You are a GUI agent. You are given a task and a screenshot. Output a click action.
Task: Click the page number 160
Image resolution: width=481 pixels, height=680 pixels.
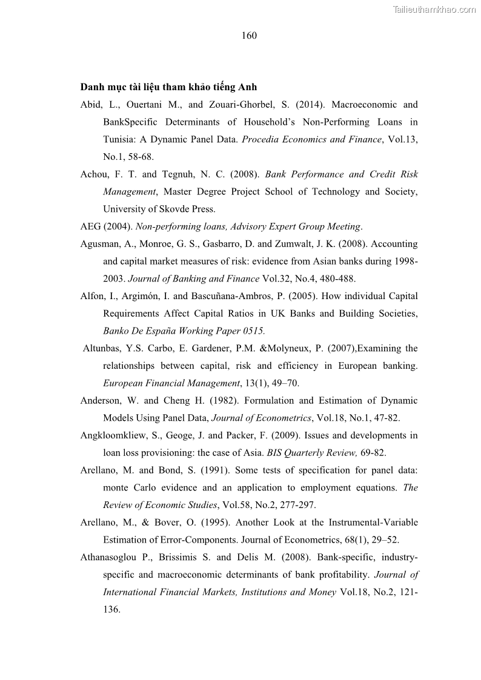(249, 36)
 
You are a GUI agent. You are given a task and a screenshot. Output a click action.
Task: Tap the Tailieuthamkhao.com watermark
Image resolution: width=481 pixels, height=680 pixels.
(434, 8)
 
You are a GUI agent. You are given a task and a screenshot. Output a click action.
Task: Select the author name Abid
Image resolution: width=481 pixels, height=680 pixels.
(91, 104)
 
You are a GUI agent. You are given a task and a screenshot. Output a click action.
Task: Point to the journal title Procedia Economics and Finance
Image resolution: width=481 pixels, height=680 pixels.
(312, 139)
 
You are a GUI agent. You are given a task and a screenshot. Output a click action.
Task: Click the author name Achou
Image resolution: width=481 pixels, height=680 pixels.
(94, 174)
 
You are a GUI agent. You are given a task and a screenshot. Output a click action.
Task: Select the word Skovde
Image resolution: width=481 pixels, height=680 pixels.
(170, 210)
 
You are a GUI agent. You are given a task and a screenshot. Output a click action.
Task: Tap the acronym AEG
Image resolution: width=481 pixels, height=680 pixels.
(91, 226)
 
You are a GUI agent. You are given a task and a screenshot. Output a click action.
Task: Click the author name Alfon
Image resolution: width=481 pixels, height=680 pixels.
(93, 296)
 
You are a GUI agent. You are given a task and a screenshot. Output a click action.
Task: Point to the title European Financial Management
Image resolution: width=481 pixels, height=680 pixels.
(171, 383)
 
